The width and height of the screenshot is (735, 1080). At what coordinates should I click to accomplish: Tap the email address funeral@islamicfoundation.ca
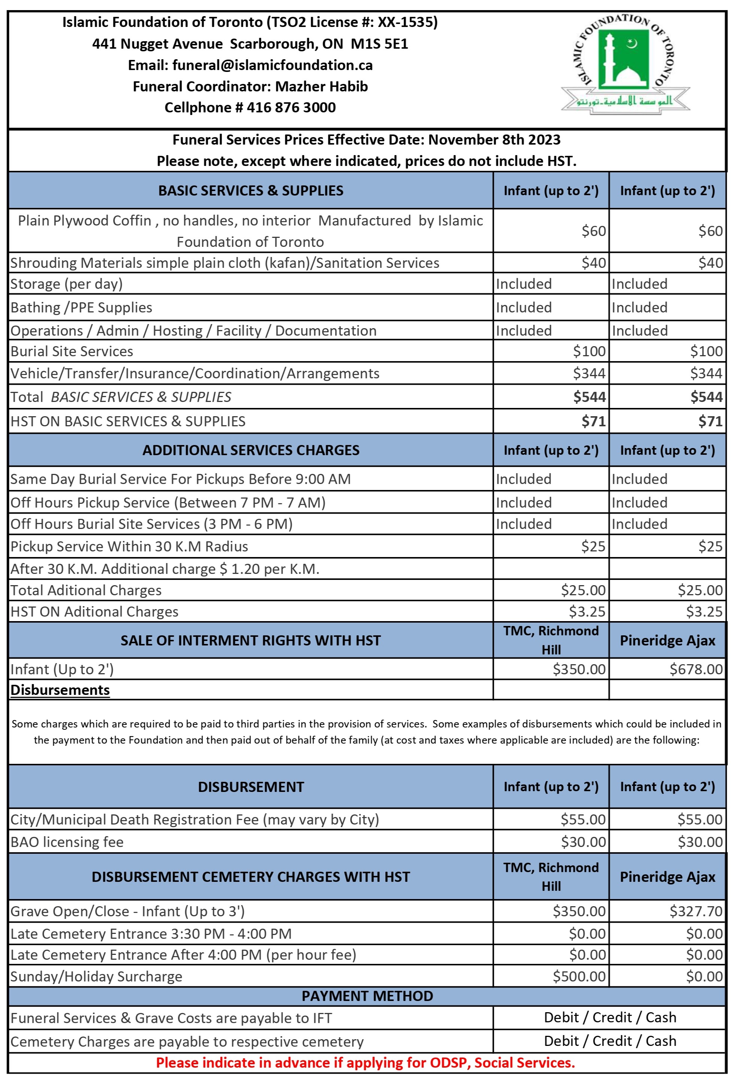(272, 65)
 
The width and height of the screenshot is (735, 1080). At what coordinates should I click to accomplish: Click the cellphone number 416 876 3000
(291, 108)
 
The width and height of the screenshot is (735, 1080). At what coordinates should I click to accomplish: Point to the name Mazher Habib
(322, 87)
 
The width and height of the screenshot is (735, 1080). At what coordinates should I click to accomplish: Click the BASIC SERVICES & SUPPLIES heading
(250, 191)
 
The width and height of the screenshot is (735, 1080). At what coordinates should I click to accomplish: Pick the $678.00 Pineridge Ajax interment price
(696, 669)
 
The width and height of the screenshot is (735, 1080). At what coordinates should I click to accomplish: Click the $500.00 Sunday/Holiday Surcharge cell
(579, 976)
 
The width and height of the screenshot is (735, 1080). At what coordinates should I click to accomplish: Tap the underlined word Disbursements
(60, 690)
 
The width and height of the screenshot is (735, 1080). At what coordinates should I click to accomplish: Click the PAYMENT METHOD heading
(367, 996)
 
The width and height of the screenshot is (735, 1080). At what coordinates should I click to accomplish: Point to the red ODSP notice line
(365, 1063)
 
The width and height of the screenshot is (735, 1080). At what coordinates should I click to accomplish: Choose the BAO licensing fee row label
(67, 842)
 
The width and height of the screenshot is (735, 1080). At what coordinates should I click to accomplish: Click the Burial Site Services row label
(72, 351)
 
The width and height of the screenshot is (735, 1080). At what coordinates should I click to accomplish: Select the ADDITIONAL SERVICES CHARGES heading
(250, 450)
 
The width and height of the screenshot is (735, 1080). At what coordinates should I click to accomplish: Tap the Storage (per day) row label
(66, 284)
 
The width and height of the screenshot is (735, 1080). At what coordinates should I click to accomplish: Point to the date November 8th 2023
(494, 139)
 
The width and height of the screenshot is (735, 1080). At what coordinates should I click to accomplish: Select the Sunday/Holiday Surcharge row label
(96, 976)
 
